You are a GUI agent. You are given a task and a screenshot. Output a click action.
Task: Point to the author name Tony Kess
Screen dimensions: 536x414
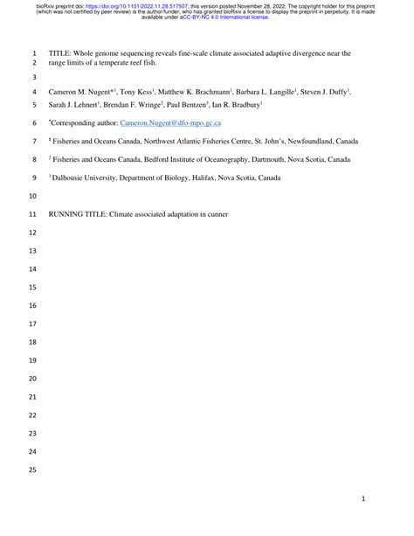(139, 91)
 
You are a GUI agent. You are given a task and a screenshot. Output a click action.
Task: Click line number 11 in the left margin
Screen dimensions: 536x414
(33, 213)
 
